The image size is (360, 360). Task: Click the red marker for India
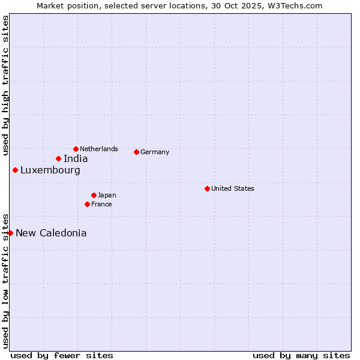58,158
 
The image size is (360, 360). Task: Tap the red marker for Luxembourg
15,170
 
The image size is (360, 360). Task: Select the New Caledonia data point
10,233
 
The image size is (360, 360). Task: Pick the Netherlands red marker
76,149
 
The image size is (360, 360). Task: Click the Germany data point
136,152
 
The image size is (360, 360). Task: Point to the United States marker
207,188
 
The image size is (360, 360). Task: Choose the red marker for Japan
94,195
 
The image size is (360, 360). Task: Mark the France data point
87,204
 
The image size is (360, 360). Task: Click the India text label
76,159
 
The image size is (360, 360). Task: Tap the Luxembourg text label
50,170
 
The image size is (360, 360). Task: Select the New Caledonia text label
51,233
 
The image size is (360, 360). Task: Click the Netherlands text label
99,149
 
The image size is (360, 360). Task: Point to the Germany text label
155,152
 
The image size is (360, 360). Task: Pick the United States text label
233,188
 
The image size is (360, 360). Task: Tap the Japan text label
107,195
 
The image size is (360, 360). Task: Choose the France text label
101,204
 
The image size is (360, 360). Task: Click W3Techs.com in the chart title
292,5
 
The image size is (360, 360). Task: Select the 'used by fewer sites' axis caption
62,355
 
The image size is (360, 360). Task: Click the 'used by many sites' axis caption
301,355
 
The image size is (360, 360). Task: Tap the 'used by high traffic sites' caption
5,85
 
